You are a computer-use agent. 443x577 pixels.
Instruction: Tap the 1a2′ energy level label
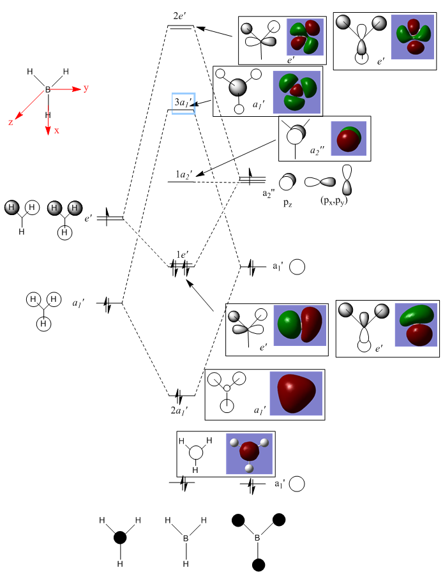coord(184,174)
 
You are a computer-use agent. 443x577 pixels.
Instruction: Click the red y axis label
coord(86,88)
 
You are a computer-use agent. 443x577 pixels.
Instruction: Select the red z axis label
coord(10,122)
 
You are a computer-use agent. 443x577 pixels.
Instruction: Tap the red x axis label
coord(57,130)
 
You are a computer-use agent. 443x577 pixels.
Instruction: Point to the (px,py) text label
coord(334,200)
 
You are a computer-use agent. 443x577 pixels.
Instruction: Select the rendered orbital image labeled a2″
coord(349,138)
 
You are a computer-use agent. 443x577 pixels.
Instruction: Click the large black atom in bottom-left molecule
coord(119,538)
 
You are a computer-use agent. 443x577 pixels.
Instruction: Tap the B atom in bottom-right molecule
coord(258,539)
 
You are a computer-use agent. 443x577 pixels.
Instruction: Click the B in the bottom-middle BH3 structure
coord(186,539)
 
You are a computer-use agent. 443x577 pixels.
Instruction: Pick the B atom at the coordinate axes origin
coord(47,90)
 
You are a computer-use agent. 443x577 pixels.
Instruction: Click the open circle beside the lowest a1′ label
coord(296,484)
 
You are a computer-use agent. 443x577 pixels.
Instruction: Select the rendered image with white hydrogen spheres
coord(250,453)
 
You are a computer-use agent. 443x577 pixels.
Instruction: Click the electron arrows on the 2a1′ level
coord(182,395)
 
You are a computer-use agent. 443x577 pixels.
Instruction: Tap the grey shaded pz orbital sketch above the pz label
coord(288,181)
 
